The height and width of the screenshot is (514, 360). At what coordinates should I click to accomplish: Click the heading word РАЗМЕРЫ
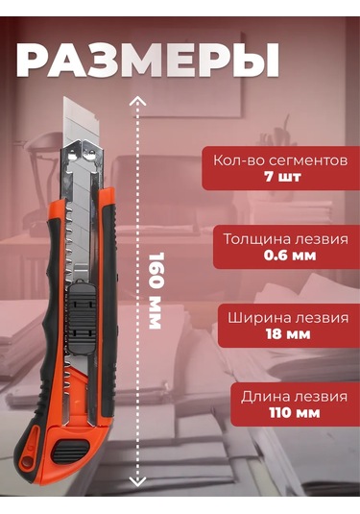(147, 59)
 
